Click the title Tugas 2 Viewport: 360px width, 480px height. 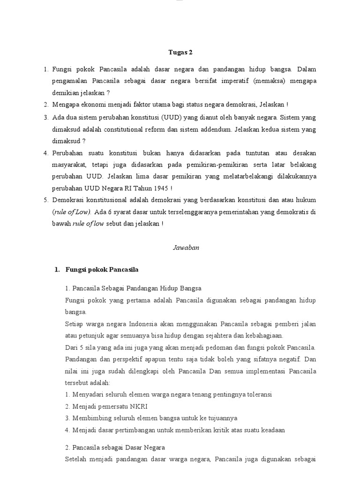[180, 52]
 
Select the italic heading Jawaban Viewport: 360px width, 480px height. [180, 248]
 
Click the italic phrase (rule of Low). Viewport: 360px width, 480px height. [72, 212]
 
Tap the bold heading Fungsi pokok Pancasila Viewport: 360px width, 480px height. [102, 270]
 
